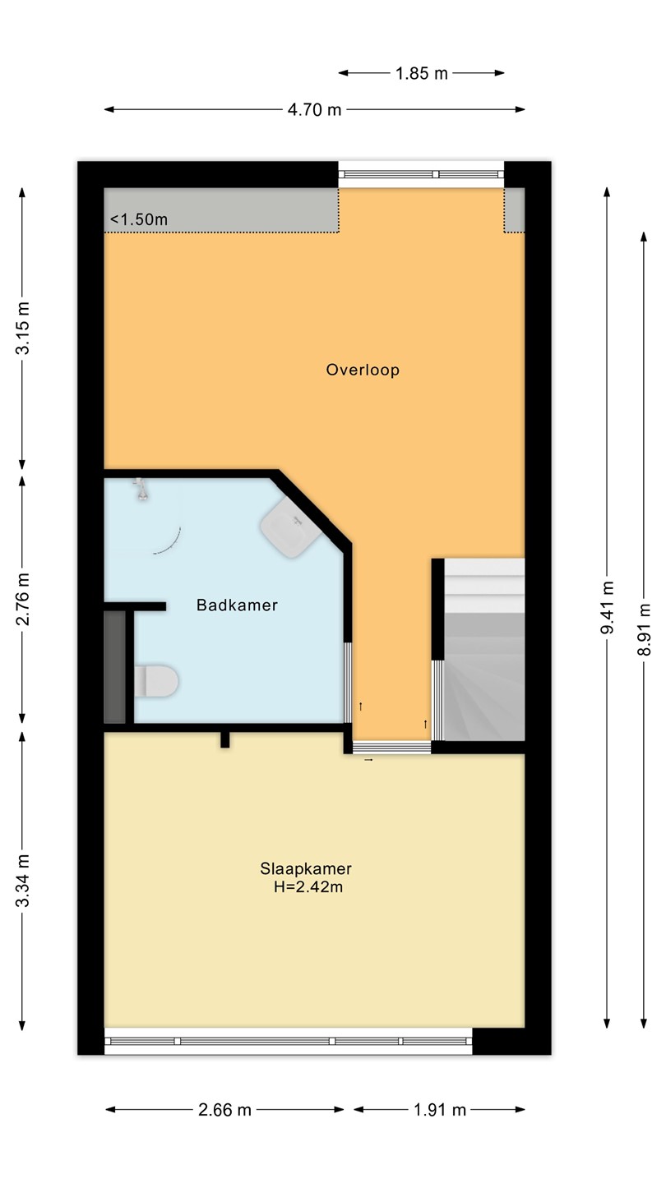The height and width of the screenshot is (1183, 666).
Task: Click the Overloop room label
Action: click(363, 370)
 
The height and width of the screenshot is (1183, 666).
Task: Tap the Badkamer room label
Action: click(237, 605)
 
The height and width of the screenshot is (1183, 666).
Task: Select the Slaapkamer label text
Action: click(306, 869)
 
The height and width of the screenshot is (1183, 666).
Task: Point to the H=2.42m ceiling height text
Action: click(308, 886)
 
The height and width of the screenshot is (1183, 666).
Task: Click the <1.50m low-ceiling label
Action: click(139, 219)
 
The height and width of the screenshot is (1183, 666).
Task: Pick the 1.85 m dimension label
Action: click(421, 73)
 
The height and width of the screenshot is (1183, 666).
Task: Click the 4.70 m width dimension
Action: click(314, 109)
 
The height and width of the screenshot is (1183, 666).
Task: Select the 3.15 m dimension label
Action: click(22, 328)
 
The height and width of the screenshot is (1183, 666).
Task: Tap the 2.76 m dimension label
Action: click(22, 600)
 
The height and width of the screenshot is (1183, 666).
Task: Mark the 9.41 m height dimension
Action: click(607, 607)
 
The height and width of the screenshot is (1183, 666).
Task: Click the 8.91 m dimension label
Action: click(644, 629)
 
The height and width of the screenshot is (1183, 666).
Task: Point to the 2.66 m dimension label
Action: click(224, 1110)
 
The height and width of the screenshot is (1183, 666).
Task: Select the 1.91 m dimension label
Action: click(440, 1110)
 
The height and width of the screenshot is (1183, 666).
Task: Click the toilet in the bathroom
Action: click(155, 681)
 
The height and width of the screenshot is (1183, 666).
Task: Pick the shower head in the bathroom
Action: click(141, 489)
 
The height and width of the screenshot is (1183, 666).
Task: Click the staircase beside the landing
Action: click(484, 650)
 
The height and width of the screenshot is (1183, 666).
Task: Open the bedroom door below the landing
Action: click(391, 748)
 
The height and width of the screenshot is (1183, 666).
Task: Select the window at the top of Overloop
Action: click(421, 174)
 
